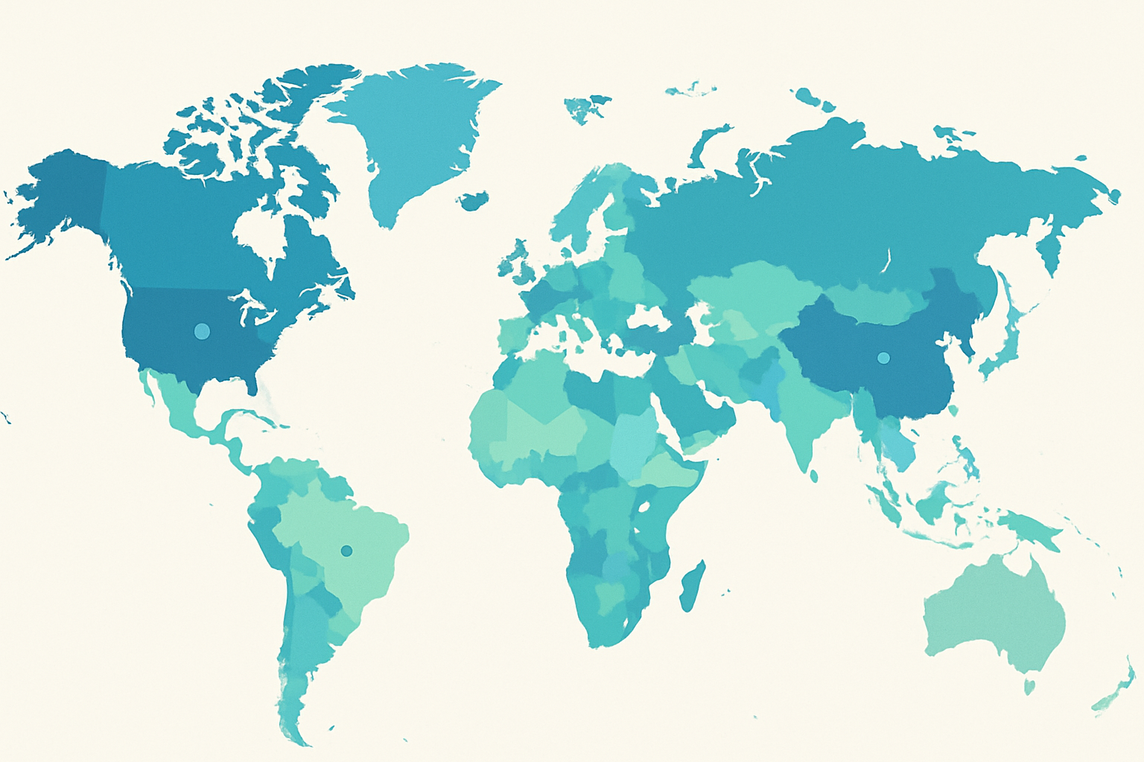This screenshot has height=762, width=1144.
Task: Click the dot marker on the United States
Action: click(201, 331)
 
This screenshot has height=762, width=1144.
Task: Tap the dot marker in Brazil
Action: click(346, 551)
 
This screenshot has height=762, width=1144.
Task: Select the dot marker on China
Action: click(883, 358)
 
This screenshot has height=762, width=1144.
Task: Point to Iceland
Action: click(474, 200)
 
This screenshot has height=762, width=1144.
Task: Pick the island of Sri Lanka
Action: click(814, 474)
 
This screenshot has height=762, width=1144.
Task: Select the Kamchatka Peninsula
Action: click(1049, 249)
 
